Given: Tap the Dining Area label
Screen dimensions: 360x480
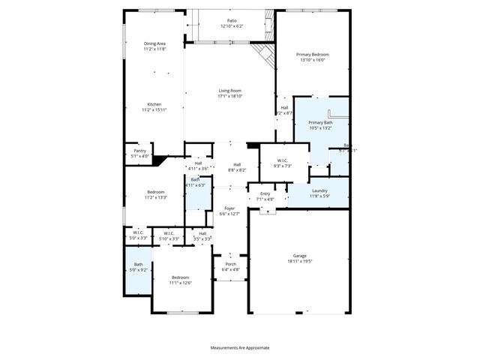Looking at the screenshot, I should [154, 43].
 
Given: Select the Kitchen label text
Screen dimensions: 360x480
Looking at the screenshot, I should [154, 104].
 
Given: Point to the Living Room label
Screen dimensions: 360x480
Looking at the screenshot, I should [229, 91].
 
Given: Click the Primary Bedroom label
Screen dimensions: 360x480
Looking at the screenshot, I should [313, 55].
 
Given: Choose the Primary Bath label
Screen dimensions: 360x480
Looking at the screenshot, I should [320, 122].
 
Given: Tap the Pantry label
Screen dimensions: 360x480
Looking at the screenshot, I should [139, 151].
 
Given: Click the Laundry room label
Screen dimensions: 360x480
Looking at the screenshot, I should [319, 191].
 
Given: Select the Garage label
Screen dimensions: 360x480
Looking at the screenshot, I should [300, 256].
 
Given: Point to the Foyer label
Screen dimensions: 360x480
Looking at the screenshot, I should [229, 208].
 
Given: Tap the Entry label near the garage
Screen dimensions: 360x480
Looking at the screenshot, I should [265, 193].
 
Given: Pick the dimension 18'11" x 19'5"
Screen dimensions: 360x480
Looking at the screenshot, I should [300, 262].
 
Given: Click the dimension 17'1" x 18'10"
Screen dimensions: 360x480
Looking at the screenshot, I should [229, 96].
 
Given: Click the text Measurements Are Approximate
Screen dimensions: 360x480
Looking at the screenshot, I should [239, 347].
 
